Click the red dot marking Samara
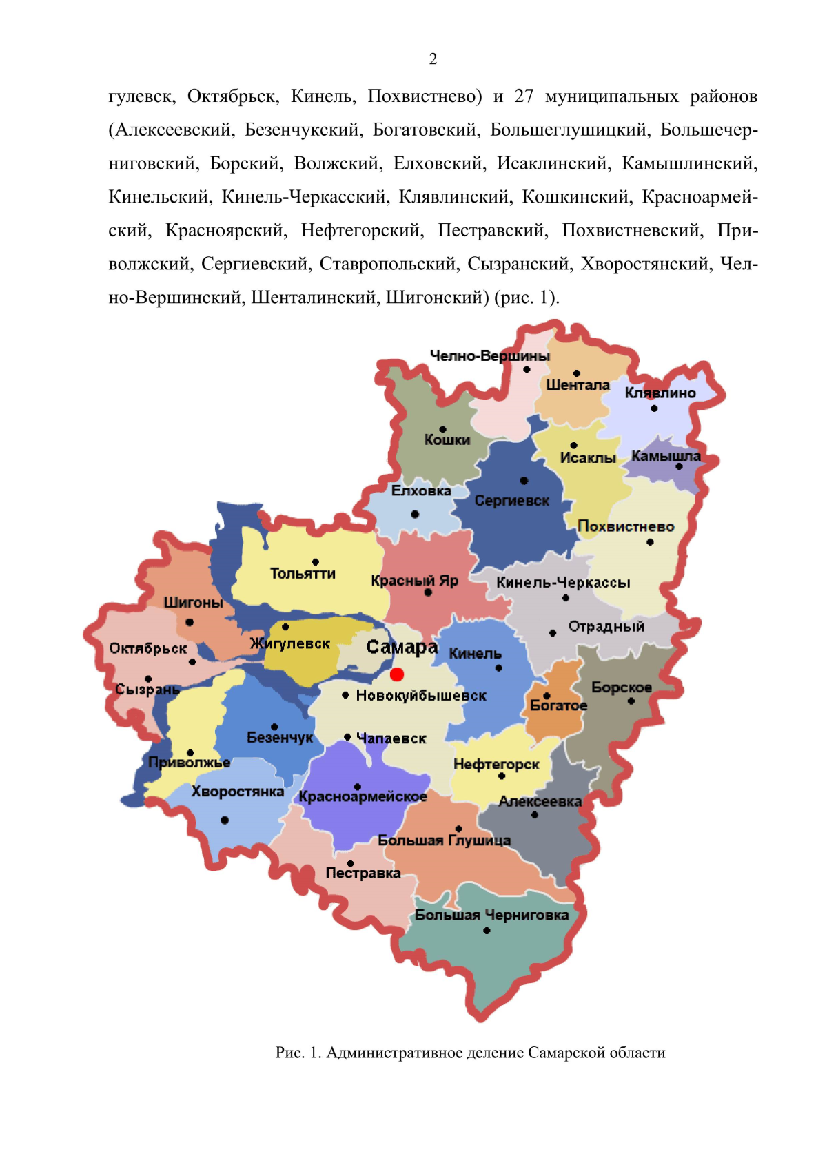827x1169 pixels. pos(397,674)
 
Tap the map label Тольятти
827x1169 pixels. pos(303,574)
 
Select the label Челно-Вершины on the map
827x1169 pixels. pos(490,356)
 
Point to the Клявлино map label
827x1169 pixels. pos(660,393)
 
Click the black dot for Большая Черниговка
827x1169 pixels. pos(487,931)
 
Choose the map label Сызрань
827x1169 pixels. pos(147,690)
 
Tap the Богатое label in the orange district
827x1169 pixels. pos(558,705)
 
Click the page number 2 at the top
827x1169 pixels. pos(433,59)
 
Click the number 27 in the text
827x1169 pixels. pos(524,96)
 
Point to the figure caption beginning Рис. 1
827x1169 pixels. pos(470,1053)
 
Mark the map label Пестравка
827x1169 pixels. pos(363,873)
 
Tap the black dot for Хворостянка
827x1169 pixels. pos(225,820)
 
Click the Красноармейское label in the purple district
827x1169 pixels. pos(363,797)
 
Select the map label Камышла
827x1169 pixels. pos(665,456)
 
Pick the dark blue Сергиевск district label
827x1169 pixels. pos(511,501)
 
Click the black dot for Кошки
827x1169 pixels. pos(442,429)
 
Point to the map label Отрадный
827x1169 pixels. pos(606,627)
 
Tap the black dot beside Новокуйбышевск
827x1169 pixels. pos(345,695)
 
